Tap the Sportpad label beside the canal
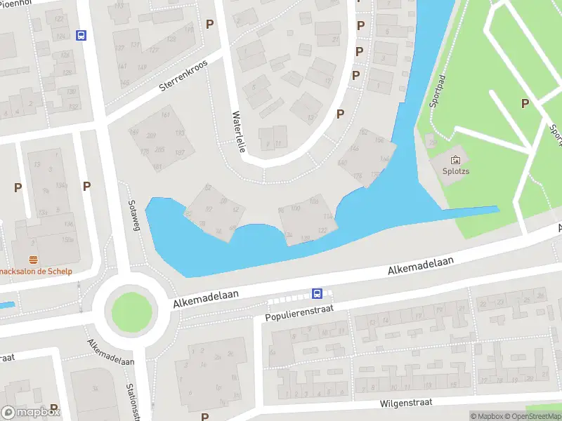438,91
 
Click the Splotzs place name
455,170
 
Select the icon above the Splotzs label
455,159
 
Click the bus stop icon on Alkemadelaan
317,294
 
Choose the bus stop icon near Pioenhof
81,35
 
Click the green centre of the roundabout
131,310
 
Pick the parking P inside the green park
524,104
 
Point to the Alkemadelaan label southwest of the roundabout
110,353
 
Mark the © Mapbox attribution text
486,416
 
